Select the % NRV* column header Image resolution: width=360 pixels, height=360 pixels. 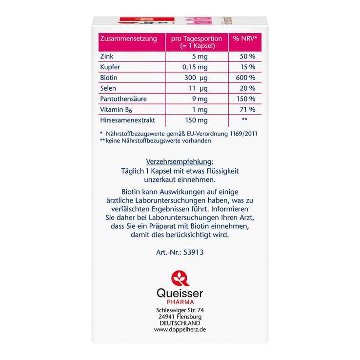click(x=245, y=39)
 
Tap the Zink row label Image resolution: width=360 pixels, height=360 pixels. click(x=106, y=57)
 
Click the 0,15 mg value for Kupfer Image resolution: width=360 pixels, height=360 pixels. click(x=196, y=67)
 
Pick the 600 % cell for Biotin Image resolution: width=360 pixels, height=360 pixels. click(x=245, y=78)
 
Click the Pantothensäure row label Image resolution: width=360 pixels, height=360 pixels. click(x=123, y=99)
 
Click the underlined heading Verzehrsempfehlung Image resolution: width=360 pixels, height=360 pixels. click(x=180, y=161)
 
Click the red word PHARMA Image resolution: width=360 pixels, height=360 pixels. click(x=180, y=302)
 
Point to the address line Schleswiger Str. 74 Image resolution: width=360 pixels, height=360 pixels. click(x=180, y=310)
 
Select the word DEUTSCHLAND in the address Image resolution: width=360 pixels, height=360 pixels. click(x=180, y=323)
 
